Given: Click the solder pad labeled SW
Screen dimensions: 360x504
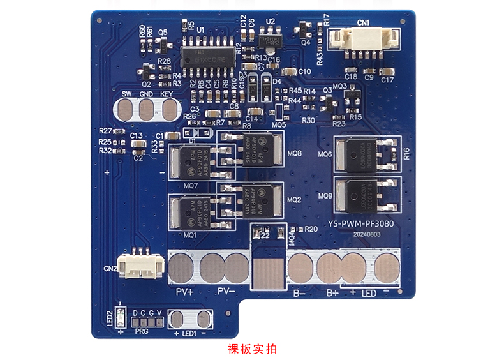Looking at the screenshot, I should coord(126,110).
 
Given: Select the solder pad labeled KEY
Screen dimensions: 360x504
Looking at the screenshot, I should coord(168,110).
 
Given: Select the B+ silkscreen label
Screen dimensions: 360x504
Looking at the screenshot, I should coord(332,293).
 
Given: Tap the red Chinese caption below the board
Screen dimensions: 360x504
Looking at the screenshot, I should coord(253,349).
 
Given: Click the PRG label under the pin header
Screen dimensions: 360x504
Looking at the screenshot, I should coord(142,332).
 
